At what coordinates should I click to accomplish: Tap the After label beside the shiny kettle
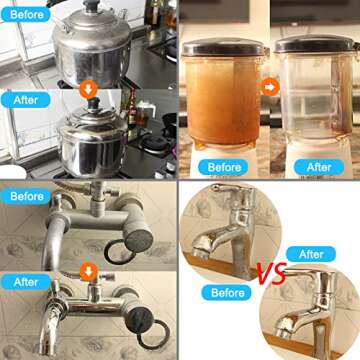point(25,100)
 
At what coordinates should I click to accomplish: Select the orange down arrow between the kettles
point(88,90)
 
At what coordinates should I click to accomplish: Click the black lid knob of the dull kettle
point(92,6)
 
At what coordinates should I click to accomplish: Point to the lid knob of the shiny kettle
point(93,103)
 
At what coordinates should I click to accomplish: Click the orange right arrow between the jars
point(270,87)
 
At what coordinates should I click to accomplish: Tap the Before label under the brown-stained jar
point(223,167)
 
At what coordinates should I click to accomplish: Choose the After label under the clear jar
point(319,167)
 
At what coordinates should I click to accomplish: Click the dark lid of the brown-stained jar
point(223,47)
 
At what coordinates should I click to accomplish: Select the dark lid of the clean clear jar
point(316,44)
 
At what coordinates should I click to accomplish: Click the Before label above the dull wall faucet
point(27,196)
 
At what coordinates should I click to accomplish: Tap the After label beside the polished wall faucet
point(26,282)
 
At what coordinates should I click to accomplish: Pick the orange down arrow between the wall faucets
point(88,271)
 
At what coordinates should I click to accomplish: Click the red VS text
point(272,273)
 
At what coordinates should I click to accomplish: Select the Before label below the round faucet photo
point(227,293)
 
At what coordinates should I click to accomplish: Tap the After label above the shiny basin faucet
point(311,254)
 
